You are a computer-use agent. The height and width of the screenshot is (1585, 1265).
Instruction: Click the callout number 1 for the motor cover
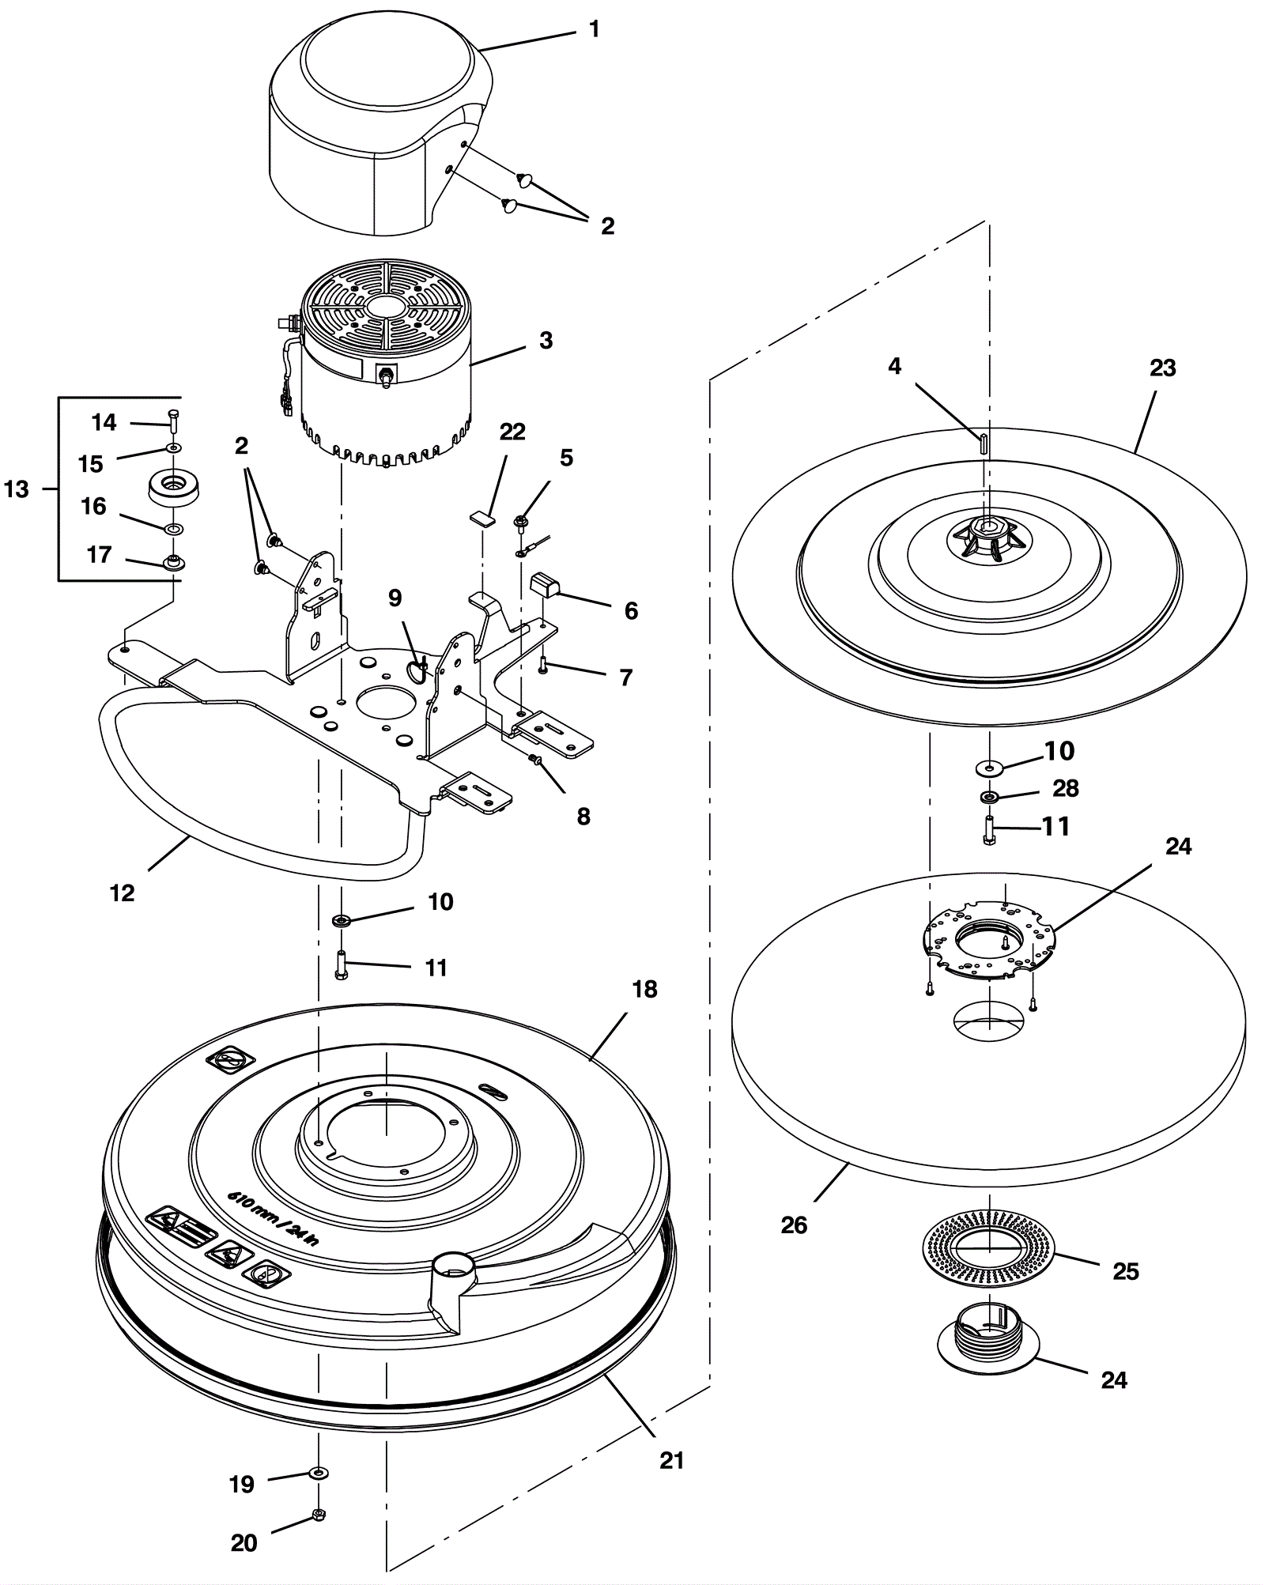(x=595, y=29)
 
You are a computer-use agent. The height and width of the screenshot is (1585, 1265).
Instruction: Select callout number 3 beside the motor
(x=546, y=341)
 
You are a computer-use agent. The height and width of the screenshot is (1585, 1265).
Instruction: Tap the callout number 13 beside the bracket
(x=17, y=489)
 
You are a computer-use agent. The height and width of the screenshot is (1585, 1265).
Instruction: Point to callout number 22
(x=512, y=432)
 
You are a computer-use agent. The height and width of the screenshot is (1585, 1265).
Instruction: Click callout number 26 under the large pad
(x=794, y=1225)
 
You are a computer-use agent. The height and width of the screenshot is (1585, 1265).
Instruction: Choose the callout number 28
(x=1066, y=788)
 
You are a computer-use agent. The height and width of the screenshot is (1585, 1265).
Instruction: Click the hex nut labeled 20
(x=319, y=1514)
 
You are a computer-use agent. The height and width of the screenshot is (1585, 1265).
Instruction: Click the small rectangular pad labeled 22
(x=480, y=519)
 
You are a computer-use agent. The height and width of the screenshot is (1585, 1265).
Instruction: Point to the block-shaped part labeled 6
(x=548, y=585)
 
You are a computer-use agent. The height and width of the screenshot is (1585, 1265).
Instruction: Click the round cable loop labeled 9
(x=417, y=670)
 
